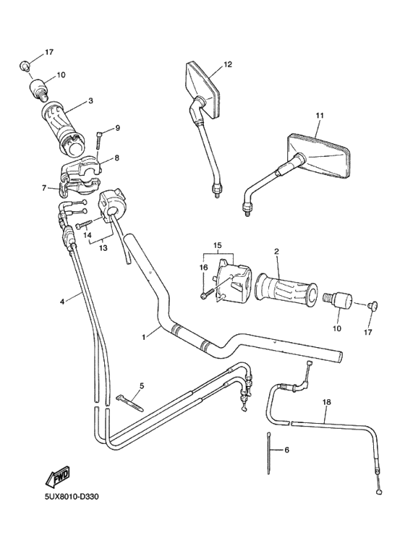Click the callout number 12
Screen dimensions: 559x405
pyautogui.click(x=227, y=65)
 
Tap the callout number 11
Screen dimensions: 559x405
pyautogui.click(x=320, y=116)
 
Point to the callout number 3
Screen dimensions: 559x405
pyautogui.click(x=91, y=101)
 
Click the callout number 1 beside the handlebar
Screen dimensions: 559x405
pyautogui.click(x=144, y=336)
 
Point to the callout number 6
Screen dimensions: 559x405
pyautogui.click(x=286, y=450)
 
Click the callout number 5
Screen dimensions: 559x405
pyautogui.click(x=141, y=385)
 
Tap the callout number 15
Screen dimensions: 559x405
pyautogui.click(x=217, y=246)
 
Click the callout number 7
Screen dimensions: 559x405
pyautogui.click(x=44, y=187)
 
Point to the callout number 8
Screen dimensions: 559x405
pyautogui.click(x=116, y=157)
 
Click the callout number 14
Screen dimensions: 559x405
pyautogui.click(x=87, y=235)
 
